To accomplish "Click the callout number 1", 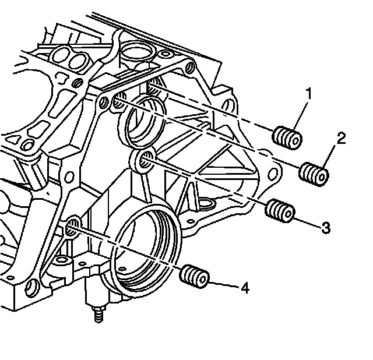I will point(309,93).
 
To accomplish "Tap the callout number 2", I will point(342,138).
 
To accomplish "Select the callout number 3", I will point(325,227).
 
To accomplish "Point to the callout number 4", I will point(245,288).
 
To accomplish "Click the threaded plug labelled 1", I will point(287,137).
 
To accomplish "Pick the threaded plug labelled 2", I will point(314,173).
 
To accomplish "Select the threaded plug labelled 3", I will point(279,210).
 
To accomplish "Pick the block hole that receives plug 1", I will point(153,87).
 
